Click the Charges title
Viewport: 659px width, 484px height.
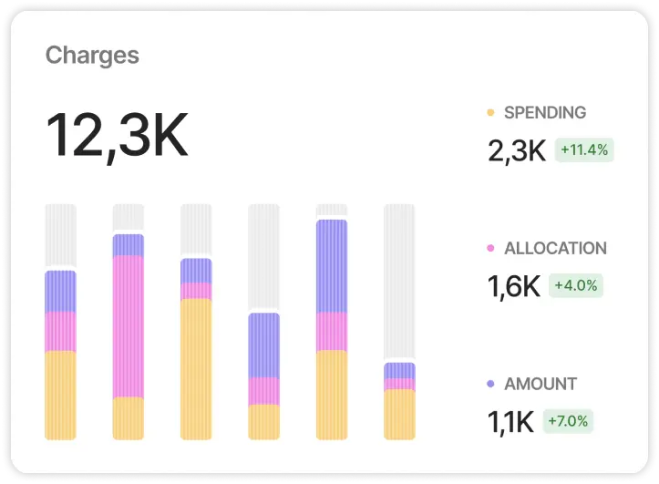point(92,56)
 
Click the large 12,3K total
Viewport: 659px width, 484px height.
point(117,137)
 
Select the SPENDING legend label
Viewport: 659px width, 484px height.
point(545,113)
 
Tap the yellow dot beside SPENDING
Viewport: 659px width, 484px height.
point(490,113)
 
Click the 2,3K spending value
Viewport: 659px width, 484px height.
point(516,150)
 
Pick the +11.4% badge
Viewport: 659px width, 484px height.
point(584,149)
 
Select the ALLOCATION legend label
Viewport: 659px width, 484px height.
point(555,248)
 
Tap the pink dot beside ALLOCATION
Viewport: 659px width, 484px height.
point(490,248)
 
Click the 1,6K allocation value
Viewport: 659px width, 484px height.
point(514,286)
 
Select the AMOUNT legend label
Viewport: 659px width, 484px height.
point(541,384)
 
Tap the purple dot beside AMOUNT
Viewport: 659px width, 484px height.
point(490,384)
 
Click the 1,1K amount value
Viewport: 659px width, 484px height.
point(511,421)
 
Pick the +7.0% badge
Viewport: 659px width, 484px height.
point(568,421)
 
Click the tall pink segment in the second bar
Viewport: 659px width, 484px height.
point(129,326)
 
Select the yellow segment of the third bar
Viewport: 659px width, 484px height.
point(196,369)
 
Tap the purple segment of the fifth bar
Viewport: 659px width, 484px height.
point(332,266)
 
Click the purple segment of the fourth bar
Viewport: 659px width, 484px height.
point(264,345)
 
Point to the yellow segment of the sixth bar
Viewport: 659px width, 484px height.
point(399,415)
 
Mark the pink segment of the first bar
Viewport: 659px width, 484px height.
point(61,332)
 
